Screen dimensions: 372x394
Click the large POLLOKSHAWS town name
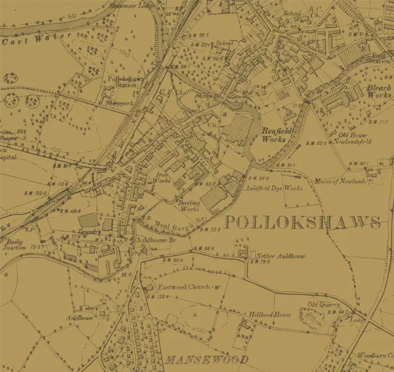click(302, 222)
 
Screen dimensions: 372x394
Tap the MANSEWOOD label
click(207, 360)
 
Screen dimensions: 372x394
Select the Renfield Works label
click(277, 135)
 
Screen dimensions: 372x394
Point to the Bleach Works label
click(378, 91)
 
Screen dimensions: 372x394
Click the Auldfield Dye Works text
click(273, 187)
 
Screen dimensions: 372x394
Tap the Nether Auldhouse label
click(280, 257)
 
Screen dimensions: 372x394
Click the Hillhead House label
click(270, 314)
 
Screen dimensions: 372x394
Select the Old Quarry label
click(324, 305)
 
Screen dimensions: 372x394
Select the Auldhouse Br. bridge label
click(149, 241)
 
